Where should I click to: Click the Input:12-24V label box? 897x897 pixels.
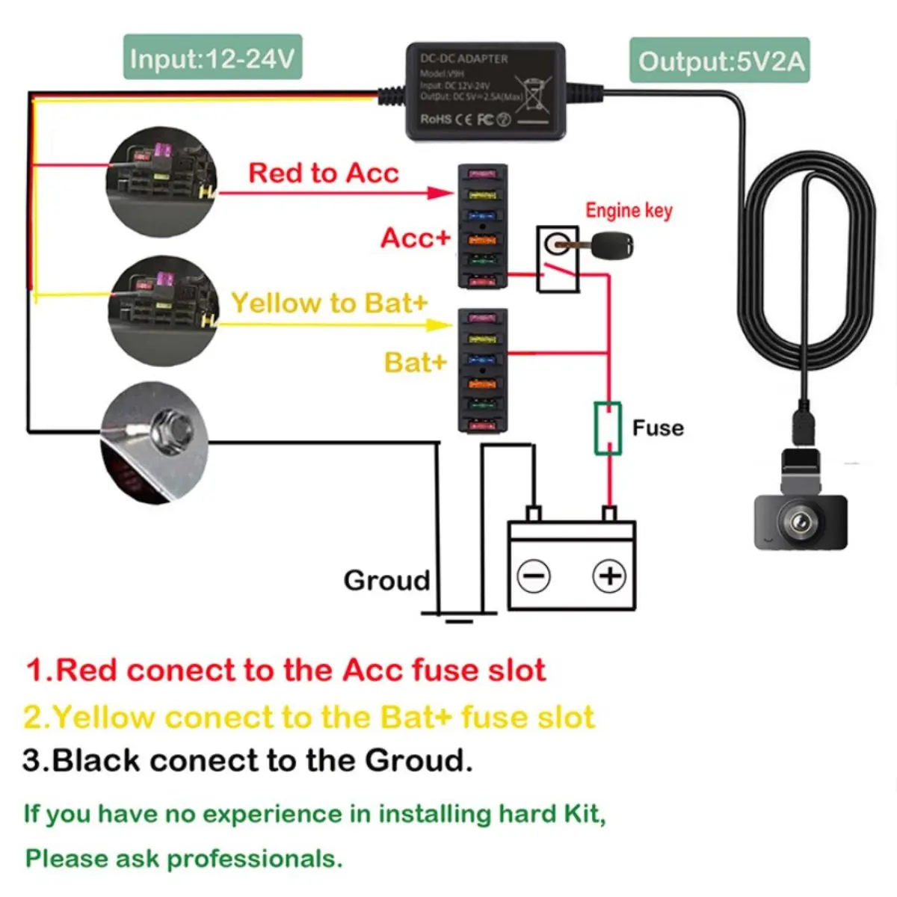click(x=212, y=58)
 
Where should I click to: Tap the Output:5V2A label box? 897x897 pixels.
click(x=720, y=61)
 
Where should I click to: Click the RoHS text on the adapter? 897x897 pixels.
click(x=436, y=119)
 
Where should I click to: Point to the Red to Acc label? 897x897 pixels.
click(x=323, y=173)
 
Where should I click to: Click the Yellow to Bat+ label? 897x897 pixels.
click(x=329, y=303)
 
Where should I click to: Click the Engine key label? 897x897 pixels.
click(x=629, y=211)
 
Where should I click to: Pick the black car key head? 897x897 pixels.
click(x=612, y=244)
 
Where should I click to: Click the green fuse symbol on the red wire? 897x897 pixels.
click(x=608, y=428)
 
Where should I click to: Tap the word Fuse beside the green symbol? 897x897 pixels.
click(x=658, y=428)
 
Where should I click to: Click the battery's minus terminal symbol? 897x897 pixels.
click(x=534, y=576)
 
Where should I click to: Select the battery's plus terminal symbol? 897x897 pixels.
click(x=609, y=576)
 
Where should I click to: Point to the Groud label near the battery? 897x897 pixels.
click(x=386, y=580)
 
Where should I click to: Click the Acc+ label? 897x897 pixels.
click(x=416, y=238)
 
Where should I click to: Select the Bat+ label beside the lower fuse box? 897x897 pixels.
click(x=415, y=363)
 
